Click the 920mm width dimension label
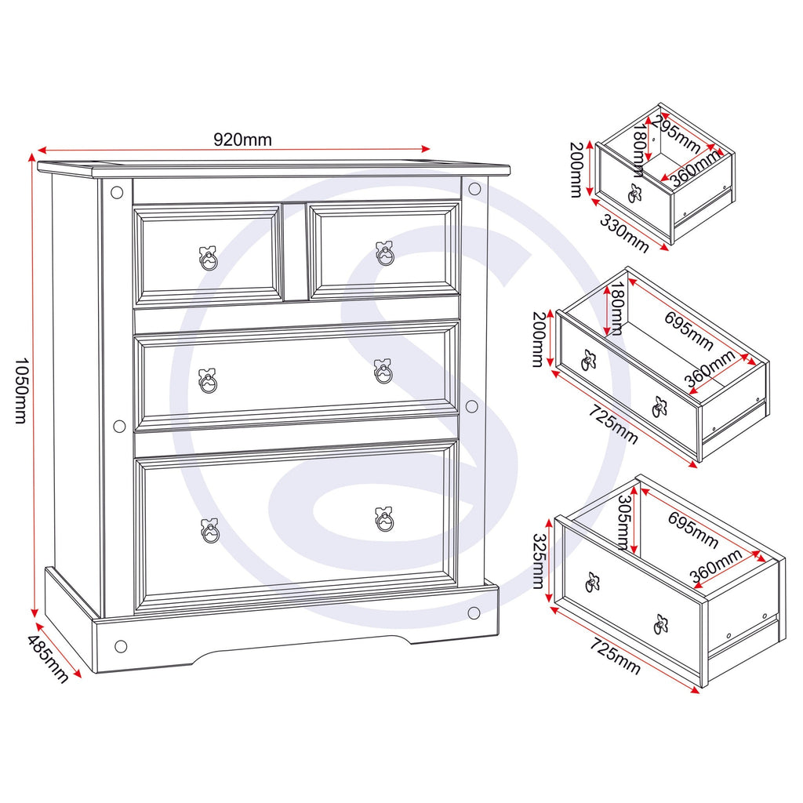(x=242, y=140)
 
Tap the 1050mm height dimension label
(x=20, y=391)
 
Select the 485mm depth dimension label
(x=47, y=659)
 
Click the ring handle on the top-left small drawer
(x=208, y=258)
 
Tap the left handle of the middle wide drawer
(x=207, y=380)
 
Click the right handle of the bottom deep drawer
(x=384, y=520)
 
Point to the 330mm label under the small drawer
(x=623, y=234)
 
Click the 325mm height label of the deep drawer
(x=539, y=561)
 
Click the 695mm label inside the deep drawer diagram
(x=692, y=529)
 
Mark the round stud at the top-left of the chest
(x=117, y=193)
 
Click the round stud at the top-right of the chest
(x=474, y=188)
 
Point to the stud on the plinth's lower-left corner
(x=121, y=646)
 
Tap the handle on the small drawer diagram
(x=635, y=193)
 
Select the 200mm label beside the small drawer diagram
(x=576, y=169)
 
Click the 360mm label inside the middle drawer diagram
(x=710, y=369)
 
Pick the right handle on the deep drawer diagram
(x=661, y=623)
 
